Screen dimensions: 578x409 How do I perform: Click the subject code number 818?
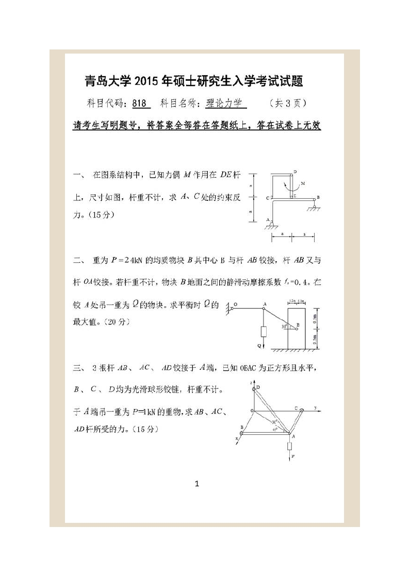140,104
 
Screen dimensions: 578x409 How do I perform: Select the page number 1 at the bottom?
197,483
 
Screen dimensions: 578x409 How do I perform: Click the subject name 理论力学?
224,104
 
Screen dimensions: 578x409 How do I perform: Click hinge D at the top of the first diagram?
291,174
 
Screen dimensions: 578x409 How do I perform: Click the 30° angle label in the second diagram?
284,326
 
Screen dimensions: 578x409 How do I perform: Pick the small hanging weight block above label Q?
264,331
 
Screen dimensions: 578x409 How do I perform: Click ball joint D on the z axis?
253,387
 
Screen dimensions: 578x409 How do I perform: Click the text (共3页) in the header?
288,104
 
